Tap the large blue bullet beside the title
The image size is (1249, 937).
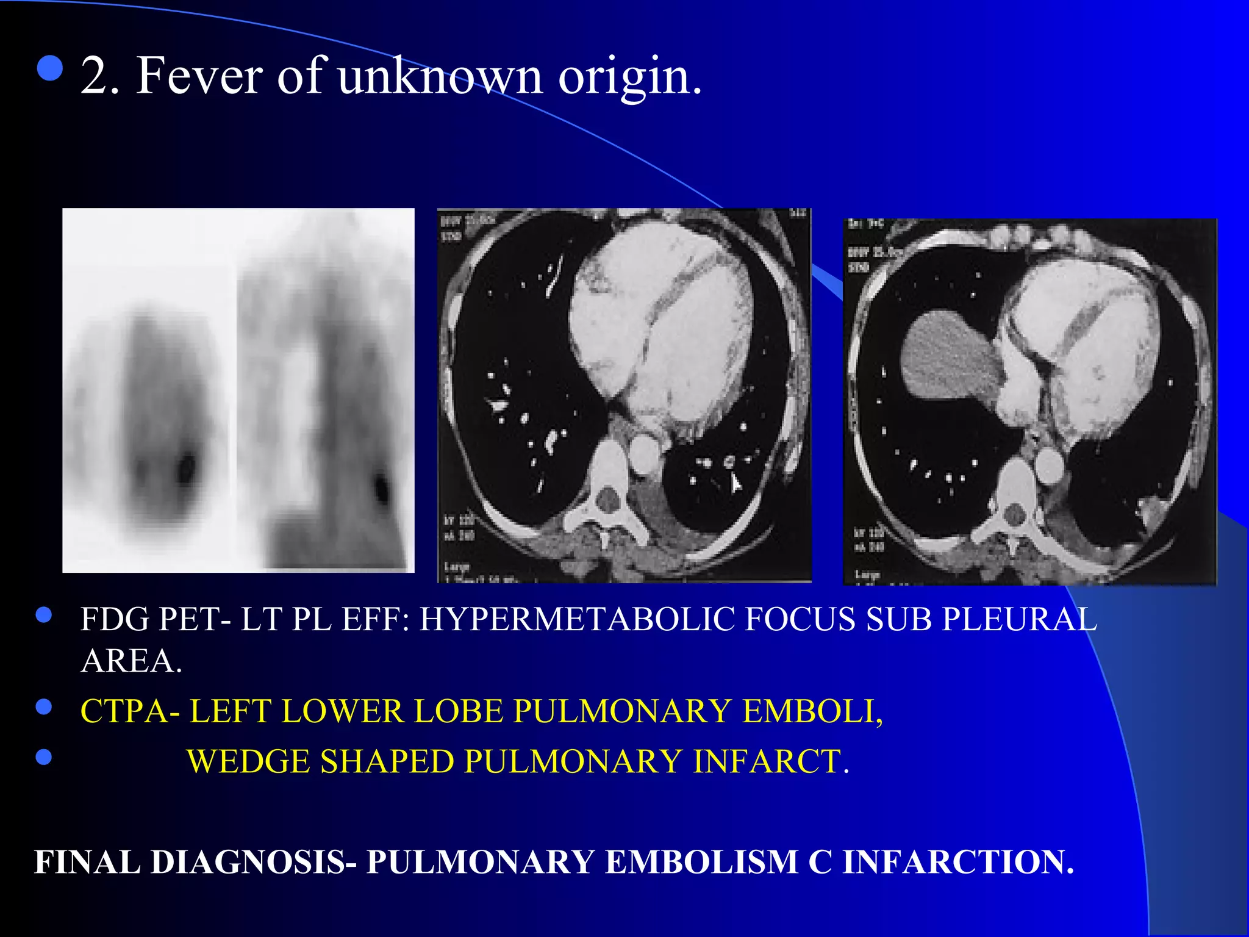[50, 68]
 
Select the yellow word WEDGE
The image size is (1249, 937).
[248, 762]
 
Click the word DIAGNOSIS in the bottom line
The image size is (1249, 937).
[248, 862]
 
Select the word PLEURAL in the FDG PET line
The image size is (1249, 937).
[1019, 619]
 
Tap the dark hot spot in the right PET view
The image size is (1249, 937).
[382, 487]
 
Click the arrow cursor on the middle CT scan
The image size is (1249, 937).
[736, 484]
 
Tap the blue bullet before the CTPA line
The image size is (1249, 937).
[44, 707]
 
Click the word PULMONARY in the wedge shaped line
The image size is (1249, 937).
[573, 762]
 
